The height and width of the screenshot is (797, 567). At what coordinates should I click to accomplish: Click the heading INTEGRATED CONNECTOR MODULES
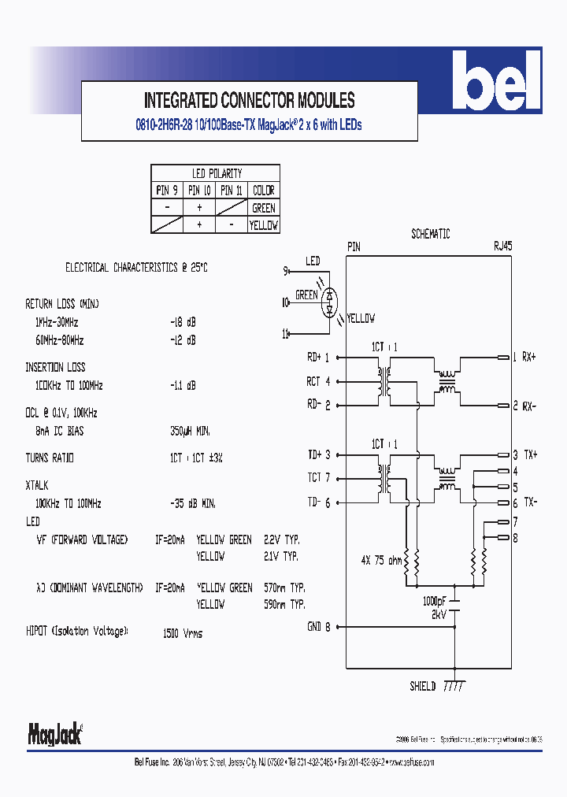tap(249, 101)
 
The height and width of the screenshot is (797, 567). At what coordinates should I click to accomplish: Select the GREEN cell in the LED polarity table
tap(263, 208)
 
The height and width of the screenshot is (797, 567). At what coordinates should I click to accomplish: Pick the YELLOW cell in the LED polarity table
tap(263, 225)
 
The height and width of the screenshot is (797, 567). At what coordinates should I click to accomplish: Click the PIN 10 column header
tap(199, 191)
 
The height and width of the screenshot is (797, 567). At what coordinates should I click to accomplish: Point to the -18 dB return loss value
tap(182, 323)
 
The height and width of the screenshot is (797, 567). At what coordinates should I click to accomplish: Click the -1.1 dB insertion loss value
tap(182, 386)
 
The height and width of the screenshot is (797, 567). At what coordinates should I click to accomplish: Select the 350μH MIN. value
tap(190, 432)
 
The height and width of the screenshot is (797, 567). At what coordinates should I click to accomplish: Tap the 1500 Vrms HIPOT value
tap(182, 633)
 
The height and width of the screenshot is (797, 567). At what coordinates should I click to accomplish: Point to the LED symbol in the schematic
tap(329, 300)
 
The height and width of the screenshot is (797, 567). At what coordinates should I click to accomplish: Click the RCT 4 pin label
tap(318, 382)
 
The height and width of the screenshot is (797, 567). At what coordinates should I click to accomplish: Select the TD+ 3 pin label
tap(318, 455)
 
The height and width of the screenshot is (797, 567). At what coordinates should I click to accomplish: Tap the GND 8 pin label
tap(318, 627)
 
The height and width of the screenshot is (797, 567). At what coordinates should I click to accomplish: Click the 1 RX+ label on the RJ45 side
tap(524, 358)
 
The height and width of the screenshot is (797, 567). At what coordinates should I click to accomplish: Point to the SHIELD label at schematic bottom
tap(422, 686)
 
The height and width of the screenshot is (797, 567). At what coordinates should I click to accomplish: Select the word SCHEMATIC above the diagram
tap(430, 234)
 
